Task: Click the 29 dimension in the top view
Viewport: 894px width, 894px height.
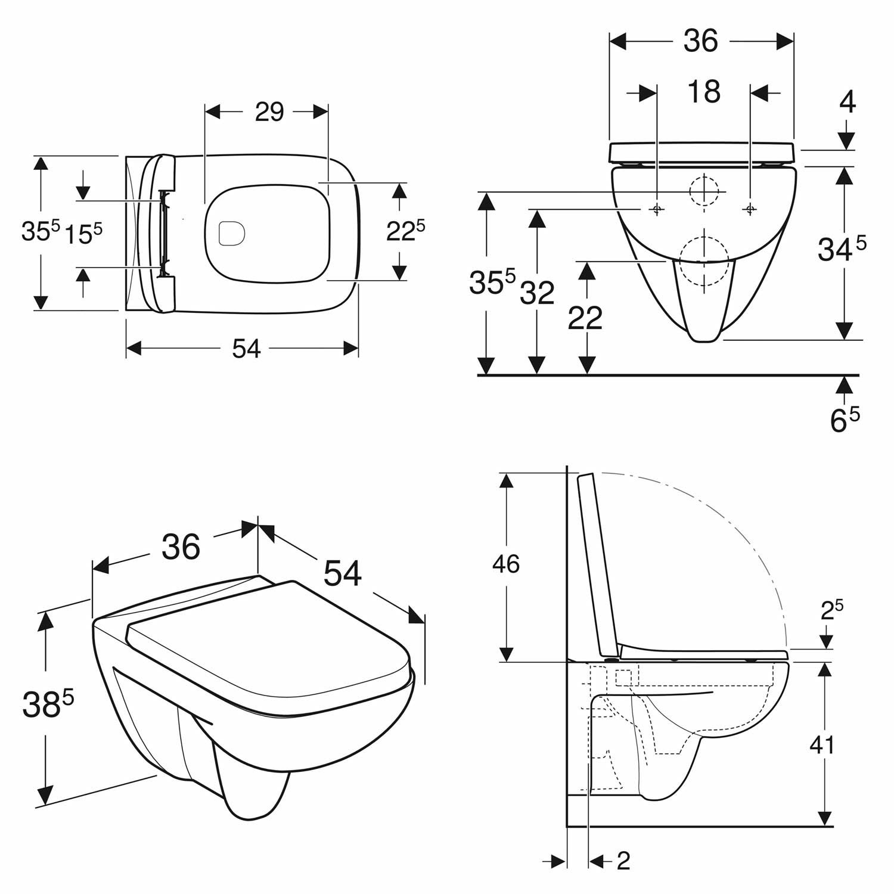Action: pyautogui.click(x=269, y=111)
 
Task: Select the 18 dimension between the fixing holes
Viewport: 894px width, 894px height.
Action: pyautogui.click(x=704, y=92)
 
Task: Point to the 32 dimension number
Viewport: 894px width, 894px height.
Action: pyautogui.click(x=537, y=293)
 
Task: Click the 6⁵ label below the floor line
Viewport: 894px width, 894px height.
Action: pyautogui.click(x=845, y=420)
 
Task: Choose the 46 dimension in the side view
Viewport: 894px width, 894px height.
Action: pyautogui.click(x=505, y=563)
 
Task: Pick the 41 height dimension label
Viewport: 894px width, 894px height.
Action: pyautogui.click(x=822, y=744)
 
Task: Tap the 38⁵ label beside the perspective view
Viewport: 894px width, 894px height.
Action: pyautogui.click(x=48, y=704)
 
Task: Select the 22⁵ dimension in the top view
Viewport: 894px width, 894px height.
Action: pyautogui.click(x=405, y=231)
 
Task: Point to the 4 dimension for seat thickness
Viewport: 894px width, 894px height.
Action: pyautogui.click(x=847, y=103)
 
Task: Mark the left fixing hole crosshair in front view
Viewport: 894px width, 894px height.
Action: pyautogui.click(x=657, y=209)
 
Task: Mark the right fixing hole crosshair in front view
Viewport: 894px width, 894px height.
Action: pyautogui.click(x=750, y=209)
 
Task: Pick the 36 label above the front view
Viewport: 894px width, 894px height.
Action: pyautogui.click(x=701, y=41)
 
